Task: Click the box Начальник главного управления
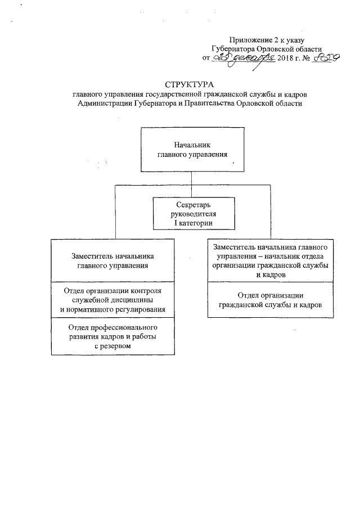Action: coord(192,150)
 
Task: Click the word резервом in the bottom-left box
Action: coord(116,346)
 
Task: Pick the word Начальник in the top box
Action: coord(192,145)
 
